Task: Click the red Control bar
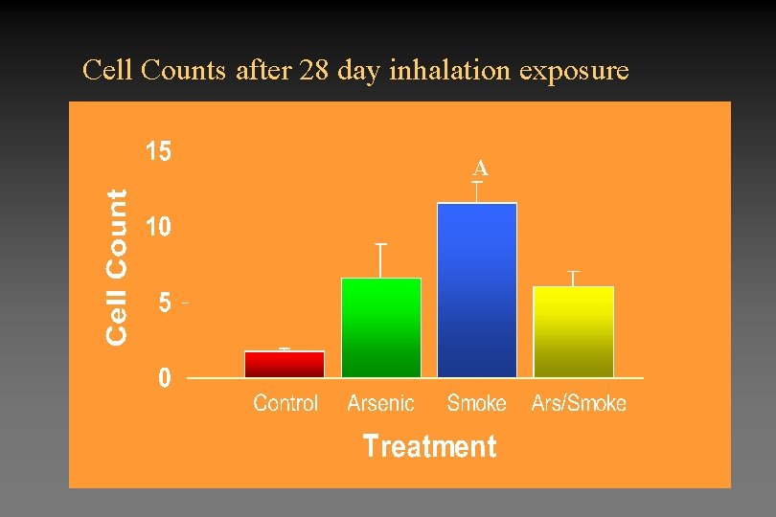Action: (x=285, y=364)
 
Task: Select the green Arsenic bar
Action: (x=381, y=327)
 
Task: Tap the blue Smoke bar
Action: (x=477, y=290)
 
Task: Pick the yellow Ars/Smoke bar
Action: (x=573, y=331)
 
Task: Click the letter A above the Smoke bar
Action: (x=481, y=169)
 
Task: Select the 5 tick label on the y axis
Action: (x=165, y=303)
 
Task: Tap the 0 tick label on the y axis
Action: (x=165, y=378)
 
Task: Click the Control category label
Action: (x=285, y=403)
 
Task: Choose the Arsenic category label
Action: (x=380, y=403)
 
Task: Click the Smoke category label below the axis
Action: (x=476, y=403)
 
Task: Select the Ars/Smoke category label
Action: (x=579, y=403)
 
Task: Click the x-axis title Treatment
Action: (x=429, y=446)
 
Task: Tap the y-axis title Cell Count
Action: (x=116, y=265)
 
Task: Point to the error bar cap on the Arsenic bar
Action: (x=381, y=245)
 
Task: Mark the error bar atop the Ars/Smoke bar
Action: (x=573, y=278)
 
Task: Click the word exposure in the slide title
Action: (x=582, y=71)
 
